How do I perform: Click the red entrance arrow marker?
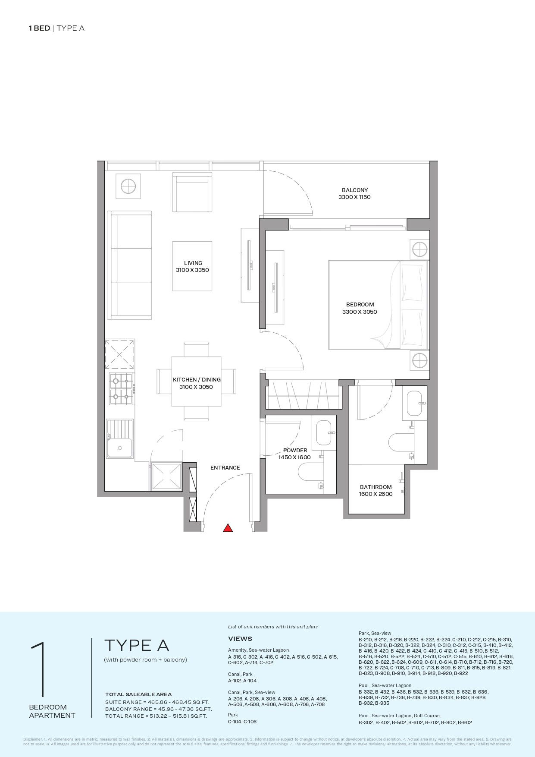pos(228,528)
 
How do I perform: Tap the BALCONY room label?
pos(354,193)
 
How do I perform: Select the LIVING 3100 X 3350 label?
pos(192,266)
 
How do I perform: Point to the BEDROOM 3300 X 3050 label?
pos(360,308)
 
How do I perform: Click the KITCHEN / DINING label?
pos(197,383)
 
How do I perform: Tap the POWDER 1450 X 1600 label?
pos(295,454)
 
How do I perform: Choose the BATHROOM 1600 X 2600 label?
pos(375,490)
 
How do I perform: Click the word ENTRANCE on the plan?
pos(225,467)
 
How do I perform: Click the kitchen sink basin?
pos(120,447)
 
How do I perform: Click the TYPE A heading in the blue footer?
pos(137,645)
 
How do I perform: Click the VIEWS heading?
pos(240,639)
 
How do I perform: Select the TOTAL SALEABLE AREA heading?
pos(138,694)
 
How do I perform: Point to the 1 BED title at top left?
pos(39,28)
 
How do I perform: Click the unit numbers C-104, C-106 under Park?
pos(242,722)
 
